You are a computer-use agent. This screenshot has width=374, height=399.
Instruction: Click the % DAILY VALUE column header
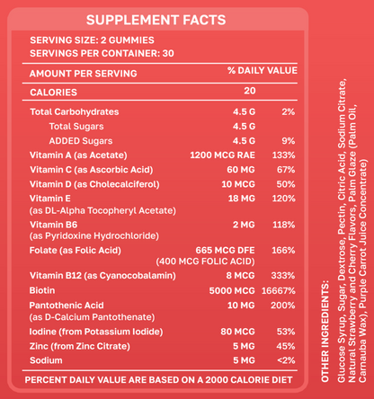click(x=262, y=70)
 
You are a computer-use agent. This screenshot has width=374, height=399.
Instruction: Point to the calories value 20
click(x=249, y=91)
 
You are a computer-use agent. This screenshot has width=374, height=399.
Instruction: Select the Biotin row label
click(x=43, y=290)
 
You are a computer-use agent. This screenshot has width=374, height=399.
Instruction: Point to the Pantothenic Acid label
click(x=69, y=306)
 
